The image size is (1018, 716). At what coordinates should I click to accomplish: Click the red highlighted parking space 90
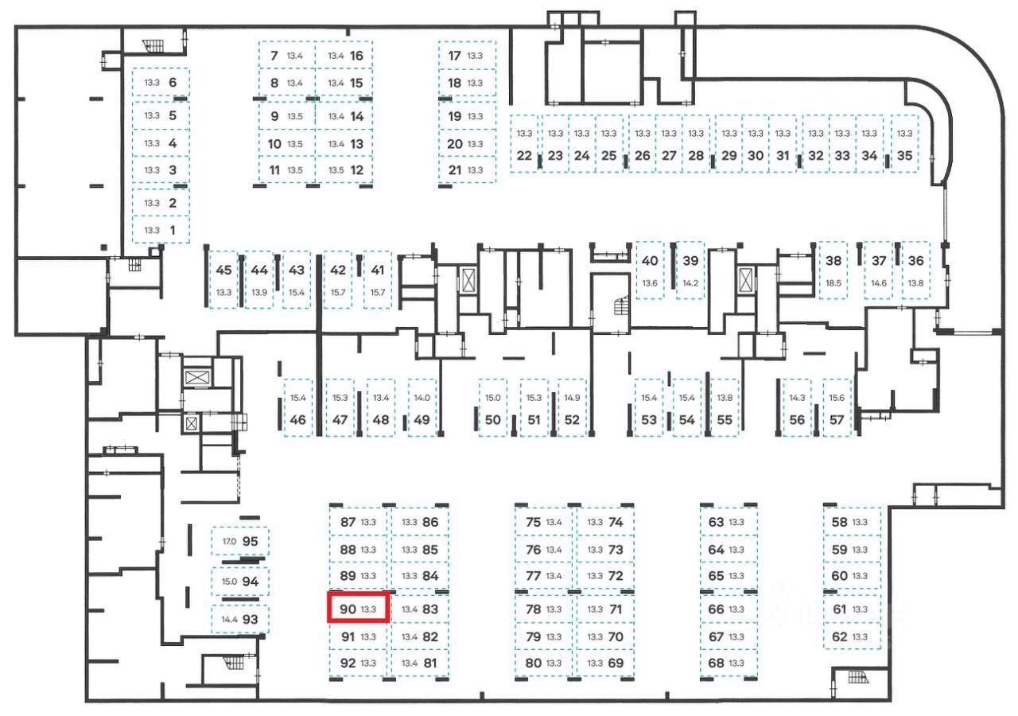coord(359,608)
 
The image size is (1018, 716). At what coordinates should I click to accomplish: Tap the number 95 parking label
coord(251,541)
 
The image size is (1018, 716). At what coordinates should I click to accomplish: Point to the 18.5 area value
coord(833,282)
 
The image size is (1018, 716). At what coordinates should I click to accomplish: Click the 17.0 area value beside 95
coord(229,542)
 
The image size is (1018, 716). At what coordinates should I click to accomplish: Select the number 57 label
coord(837,419)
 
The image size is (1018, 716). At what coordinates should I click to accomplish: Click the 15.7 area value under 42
coord(338,293)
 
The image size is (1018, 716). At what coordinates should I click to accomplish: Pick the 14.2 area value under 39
coord(690,282)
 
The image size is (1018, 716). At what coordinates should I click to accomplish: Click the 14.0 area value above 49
coord(422,397)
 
